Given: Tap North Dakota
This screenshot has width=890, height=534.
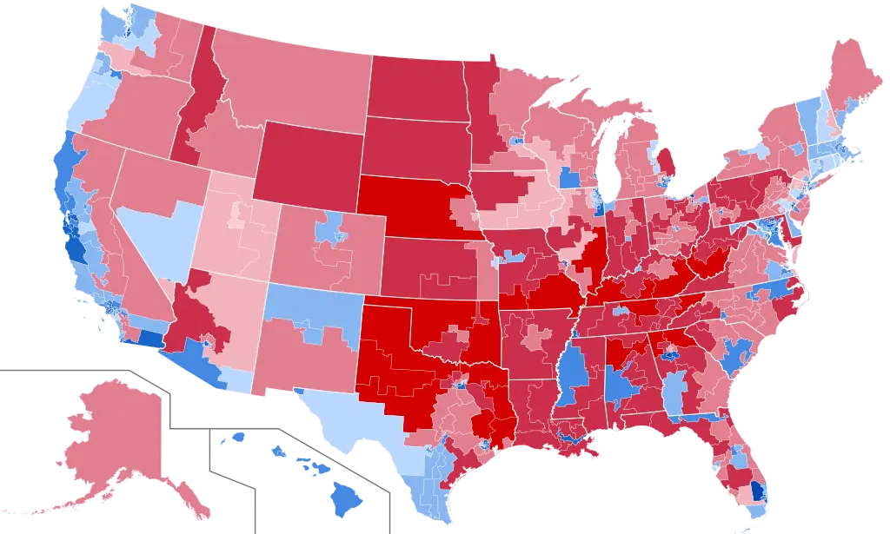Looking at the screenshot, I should coord(417,87).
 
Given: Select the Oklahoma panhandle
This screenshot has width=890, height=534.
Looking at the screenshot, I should coord(391,300).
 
